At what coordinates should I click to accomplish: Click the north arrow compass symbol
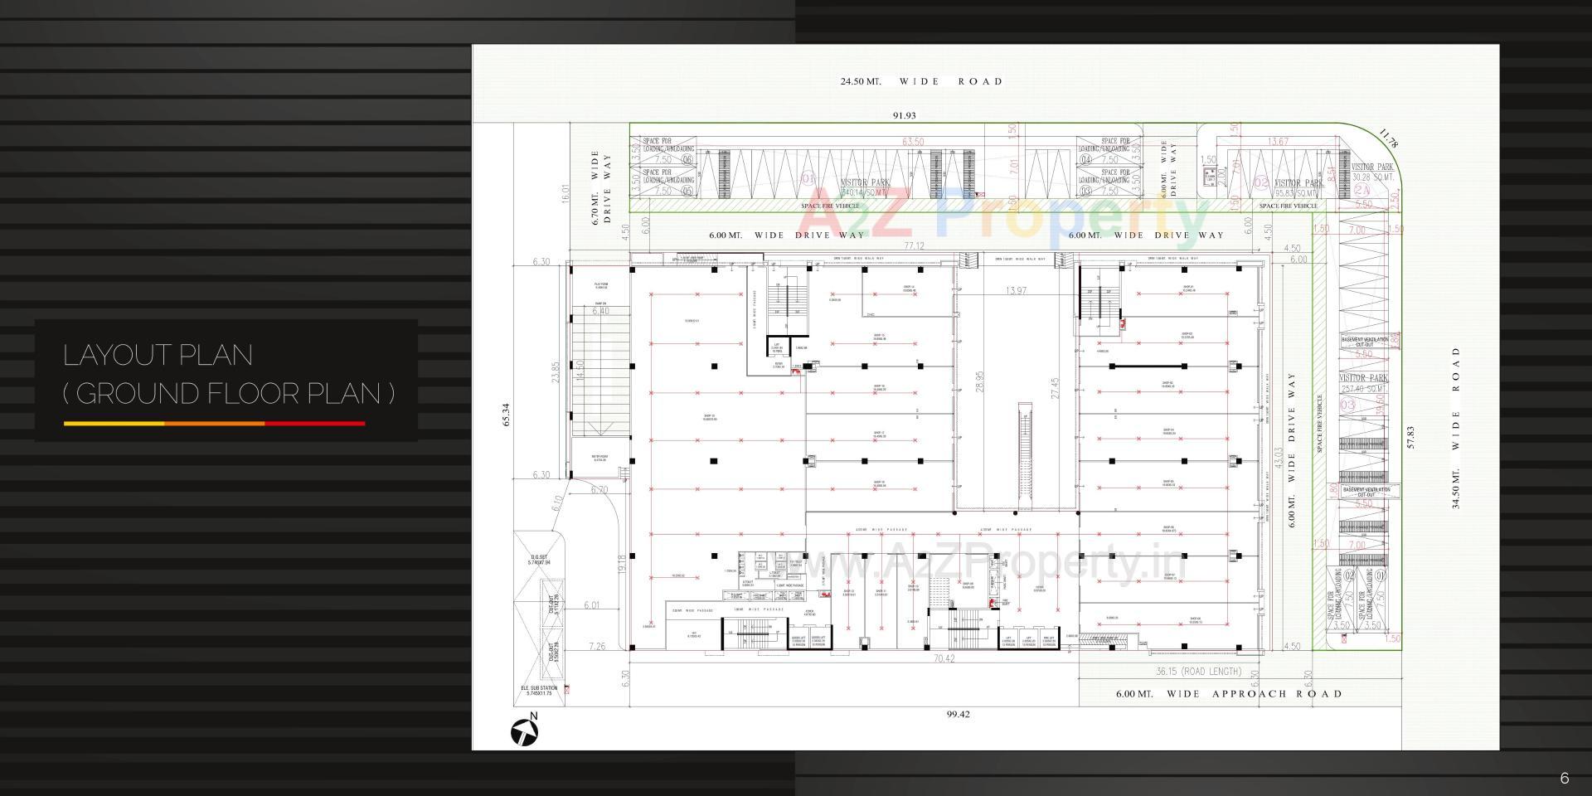tap(524, 730)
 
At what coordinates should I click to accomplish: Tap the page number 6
tap(1564, 778)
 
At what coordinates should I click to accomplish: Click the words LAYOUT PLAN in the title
tap(158, 355)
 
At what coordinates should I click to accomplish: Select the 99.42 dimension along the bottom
tap(958, 714)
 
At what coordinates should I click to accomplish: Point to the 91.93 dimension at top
tap(904, 116)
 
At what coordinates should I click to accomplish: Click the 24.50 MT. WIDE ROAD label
tap(921, 81)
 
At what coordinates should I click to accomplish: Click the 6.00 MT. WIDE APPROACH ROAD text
tap(1228, 694)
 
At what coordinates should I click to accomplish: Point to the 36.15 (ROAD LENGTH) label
tap(1198, 672)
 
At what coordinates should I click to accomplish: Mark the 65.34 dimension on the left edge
tap(506, 415)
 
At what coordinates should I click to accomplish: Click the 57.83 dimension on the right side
tap(1410, 438)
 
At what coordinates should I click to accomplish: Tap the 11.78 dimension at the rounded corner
tap(1388, 138)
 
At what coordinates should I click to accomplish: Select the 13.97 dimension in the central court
tap(1015, 290)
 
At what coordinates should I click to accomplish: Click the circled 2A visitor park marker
tap(1361, 190)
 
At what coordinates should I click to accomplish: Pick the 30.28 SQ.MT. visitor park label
tap(1373, 177)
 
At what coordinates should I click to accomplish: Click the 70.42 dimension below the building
tap(944, 659)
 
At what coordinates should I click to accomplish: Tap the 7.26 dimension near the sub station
tap(597, 646)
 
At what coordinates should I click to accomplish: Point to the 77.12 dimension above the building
tap(914, 246)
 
